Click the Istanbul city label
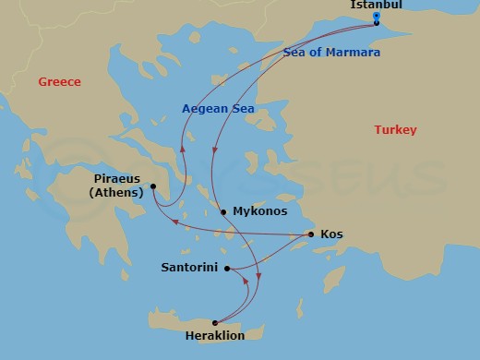[376, 6]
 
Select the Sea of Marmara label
[331, 53]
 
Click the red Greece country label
[59, 82]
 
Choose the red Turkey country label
[395, 130]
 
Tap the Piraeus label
[119, 179]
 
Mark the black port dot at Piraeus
[154, 186]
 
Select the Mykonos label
[260, 211]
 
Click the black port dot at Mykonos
[223, 211]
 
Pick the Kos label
[331, 234]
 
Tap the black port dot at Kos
[311, 234]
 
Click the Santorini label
[188, 268]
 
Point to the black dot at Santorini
[227, 269]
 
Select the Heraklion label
[214, 336]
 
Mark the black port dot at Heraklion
[215, 322]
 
